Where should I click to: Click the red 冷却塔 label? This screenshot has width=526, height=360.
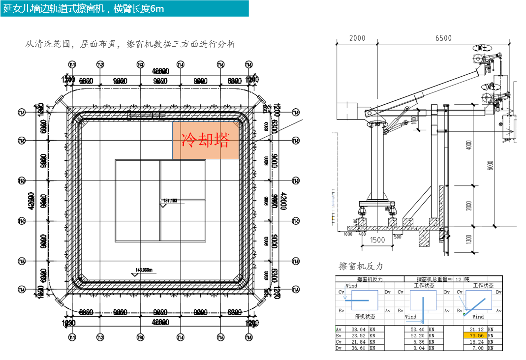click(x=206, y=140)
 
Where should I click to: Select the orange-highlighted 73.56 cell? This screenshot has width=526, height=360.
click(x=476, y=335)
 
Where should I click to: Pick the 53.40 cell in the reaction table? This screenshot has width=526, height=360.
click(x=417, y=330)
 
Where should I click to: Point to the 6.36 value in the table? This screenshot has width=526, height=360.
click(x=419, y=342)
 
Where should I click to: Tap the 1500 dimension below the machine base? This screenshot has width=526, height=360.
click(x=377, y=240)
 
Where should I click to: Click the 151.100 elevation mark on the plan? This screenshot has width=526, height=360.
click(x=170, y=200)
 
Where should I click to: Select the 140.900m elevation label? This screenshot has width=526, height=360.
click(x=145, y=270)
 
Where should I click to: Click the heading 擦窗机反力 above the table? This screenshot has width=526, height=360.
click(x=361, y=266)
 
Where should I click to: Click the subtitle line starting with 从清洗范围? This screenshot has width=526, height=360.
click(x=130, y=44)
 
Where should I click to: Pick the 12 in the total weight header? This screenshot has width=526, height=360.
click(x=459, y=279)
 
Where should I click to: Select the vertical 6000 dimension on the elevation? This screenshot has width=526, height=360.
click(x=490, y=166)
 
